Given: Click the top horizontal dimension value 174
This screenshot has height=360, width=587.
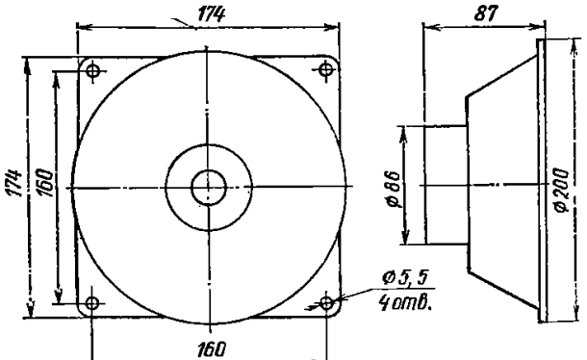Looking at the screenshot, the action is pyautogui.click(x=211, y=14).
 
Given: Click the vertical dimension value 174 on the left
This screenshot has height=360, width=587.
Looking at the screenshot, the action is pyautogui.click(x=13, y=183).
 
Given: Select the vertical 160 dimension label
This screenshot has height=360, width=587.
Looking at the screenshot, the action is pyautogui.click(x=45, y=183).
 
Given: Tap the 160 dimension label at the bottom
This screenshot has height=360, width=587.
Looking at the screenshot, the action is pyautogui.click(x=212, y=349).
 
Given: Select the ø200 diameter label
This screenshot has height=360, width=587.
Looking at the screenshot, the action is pyautogui.click(x=562, y=190).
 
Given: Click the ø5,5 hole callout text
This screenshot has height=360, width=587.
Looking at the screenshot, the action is pyautogui.click(x=405, y=277).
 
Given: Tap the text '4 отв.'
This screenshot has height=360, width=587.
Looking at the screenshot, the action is pyautogui.click(x=405, y=302).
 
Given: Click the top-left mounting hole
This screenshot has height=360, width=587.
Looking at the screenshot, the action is pyautogui.click(x=92, y=70).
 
